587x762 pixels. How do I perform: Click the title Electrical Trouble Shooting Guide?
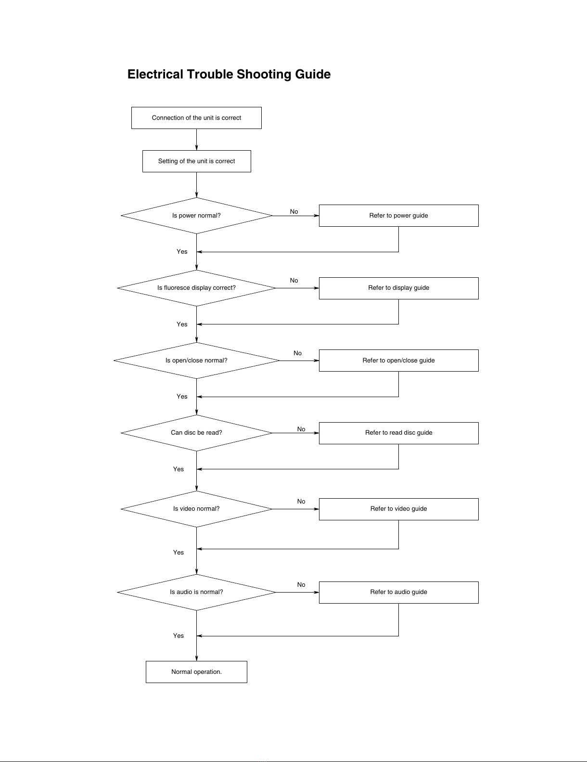coord(229,74)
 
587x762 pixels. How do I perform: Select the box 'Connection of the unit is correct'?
coord(196,118)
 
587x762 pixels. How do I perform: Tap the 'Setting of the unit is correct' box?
coord(197,161)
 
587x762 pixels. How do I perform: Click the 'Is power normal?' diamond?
coord(196,216)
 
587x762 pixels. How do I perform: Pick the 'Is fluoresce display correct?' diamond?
coord(196,288)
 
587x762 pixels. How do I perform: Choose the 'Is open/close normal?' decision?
coord(196,361)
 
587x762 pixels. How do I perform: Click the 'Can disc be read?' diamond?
coord(196,433)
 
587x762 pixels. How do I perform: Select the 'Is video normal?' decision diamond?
coord(196,509)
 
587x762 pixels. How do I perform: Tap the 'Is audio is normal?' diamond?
coord(196,592)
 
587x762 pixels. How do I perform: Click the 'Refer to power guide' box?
coord(398,216)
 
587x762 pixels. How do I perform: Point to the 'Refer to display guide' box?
coord(398,288)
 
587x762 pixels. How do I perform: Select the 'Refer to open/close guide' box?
coord(398,361)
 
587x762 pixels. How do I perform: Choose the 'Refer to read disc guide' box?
coord(398,433)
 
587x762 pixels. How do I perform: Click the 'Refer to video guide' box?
coord(398,509)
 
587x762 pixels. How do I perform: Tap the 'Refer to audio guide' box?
coord(398,593)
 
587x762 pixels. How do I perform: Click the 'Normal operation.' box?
coord(196,672)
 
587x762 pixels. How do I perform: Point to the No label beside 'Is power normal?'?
coord(293,211)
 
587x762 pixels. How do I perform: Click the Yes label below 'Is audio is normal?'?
coord(178,635)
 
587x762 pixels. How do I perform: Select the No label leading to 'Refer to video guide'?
coord(301,502)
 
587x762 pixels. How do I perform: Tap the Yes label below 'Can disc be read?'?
coord(178,469)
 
